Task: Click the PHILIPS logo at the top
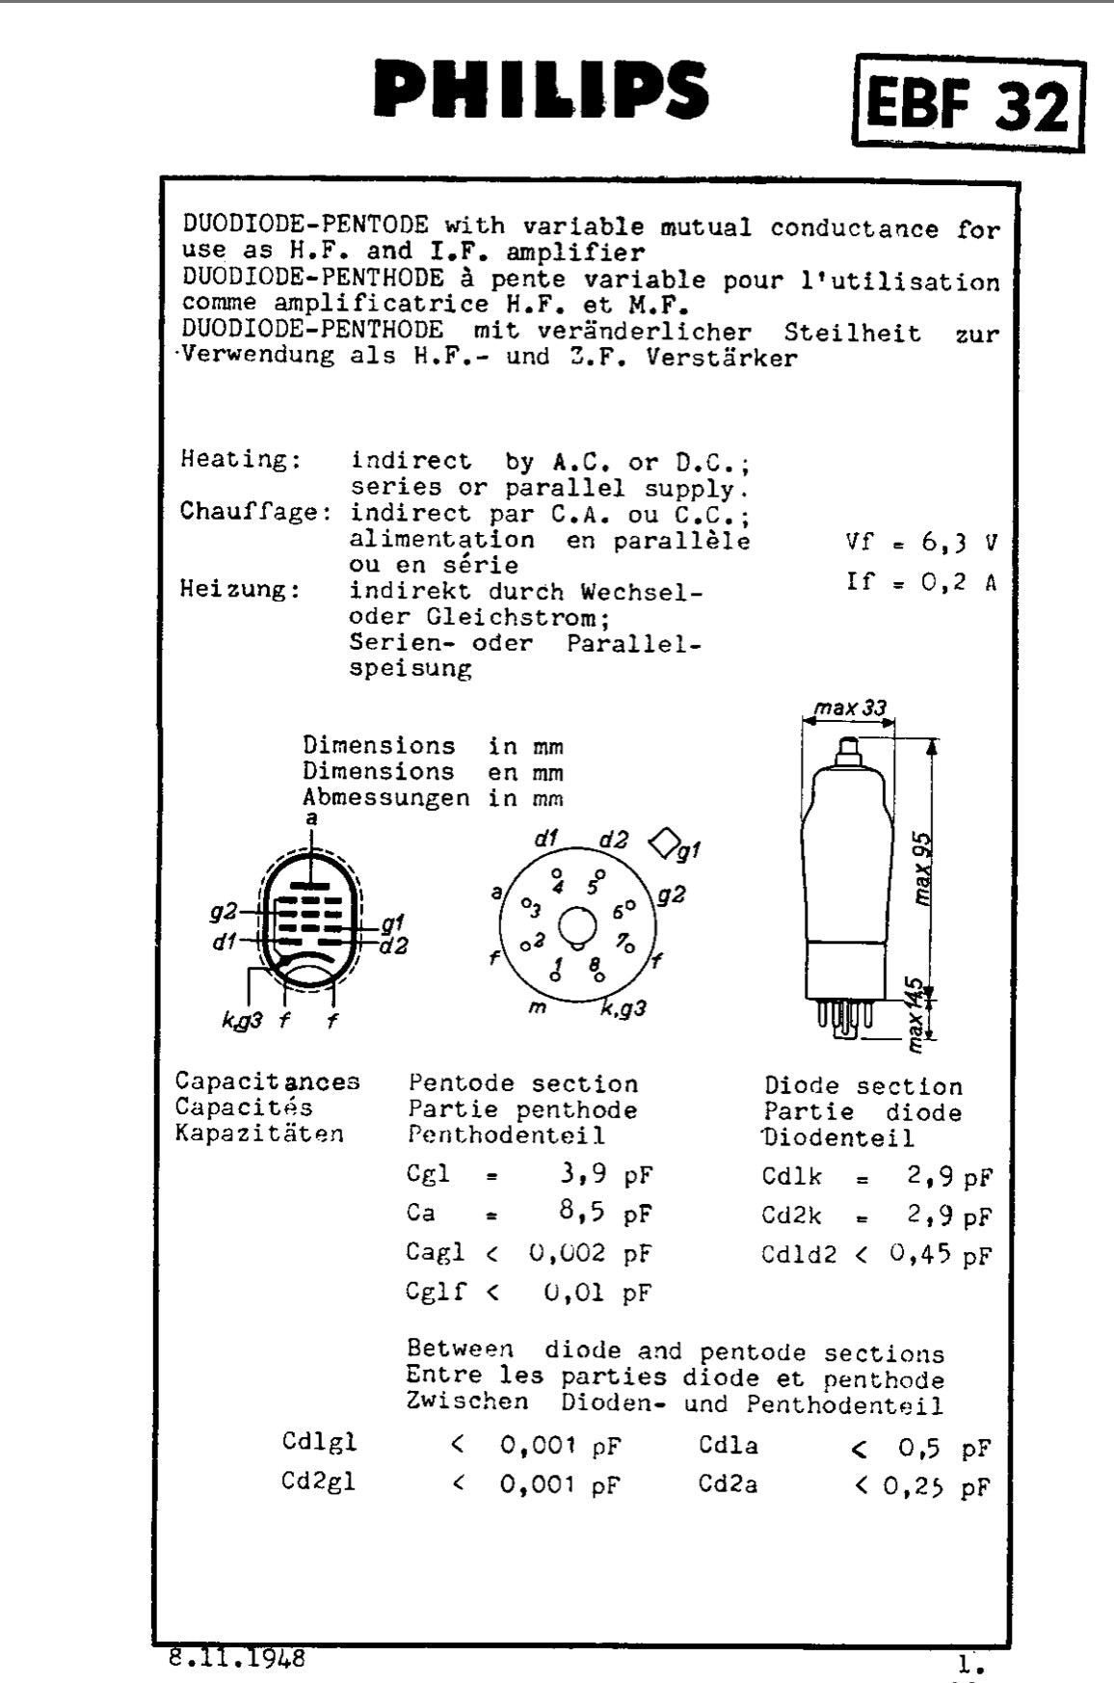click(x=542, y=88)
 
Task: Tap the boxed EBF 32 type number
click(x=968, y=103)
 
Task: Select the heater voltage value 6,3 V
click(x=958, y=543)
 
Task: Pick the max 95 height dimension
click(x=923, y=868)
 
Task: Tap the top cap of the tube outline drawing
click(x=848, y=749)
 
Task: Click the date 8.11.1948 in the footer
click(x=237, y=1657)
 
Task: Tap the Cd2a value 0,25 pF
click(x=935, y=1486)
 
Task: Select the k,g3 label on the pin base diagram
click(x=623, y=1009)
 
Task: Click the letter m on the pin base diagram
click(x=538, y=1008)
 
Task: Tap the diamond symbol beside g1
click(x=663, y=842)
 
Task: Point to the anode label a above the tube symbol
click(x=310, y=818)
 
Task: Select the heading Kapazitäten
click(x=259, y=1134)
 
